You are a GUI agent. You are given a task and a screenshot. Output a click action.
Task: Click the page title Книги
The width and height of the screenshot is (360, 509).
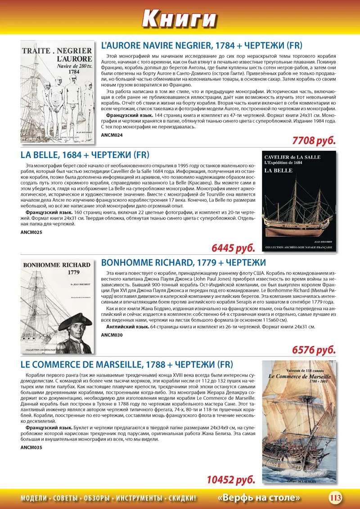[x=180, y=18]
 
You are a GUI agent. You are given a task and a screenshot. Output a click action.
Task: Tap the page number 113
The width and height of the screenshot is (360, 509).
[x=335, y=498]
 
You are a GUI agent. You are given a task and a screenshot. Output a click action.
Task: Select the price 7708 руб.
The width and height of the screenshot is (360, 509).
[x=314, y=140]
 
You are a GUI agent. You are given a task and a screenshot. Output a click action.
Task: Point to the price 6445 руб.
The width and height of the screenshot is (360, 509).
[x=234, y=248]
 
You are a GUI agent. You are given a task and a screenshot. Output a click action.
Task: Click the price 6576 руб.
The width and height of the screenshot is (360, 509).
[x=314, y=350]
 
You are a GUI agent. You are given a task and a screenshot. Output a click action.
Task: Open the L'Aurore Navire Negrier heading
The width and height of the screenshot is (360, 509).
[x=201, y=45]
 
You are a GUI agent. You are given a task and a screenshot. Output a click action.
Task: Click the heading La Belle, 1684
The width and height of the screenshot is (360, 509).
[x=85, y=155]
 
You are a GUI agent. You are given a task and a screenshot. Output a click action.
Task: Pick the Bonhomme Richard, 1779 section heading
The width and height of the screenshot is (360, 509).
[x=184, y=262]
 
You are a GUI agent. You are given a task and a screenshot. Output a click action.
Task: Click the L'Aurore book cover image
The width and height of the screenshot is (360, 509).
[x=58, y=92]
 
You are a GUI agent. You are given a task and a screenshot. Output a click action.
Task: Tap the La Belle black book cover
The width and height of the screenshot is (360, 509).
[x=299, y=201]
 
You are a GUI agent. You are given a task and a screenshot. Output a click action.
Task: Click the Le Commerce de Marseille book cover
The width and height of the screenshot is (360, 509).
[x=299, y=425]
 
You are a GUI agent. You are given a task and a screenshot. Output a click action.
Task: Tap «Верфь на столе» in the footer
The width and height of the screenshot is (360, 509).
[x=259, y=498]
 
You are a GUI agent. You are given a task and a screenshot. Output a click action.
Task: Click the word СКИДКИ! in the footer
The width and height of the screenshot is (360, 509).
[x=182, y=498]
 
